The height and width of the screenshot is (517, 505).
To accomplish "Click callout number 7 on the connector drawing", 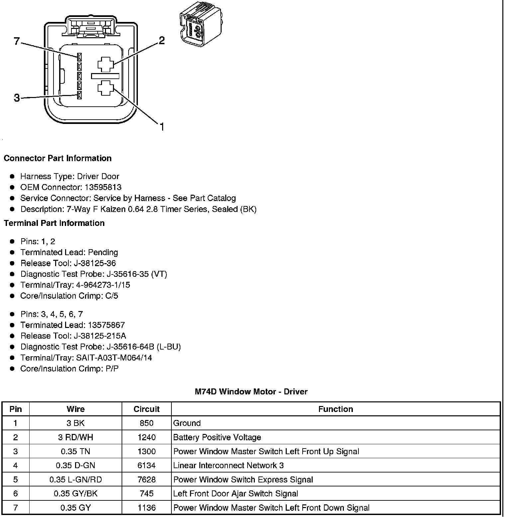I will (17, 42).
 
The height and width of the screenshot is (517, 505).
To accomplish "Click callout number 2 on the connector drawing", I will (161, 41).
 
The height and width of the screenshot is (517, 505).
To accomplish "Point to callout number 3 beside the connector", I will (17, 98).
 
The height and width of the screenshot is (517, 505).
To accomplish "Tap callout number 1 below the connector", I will (162, 127).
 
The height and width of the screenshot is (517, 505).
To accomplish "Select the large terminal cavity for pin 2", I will (106, 64).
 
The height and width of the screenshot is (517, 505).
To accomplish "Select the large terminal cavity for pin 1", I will (106, 88).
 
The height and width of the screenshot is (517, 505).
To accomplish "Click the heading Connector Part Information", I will (57, 158).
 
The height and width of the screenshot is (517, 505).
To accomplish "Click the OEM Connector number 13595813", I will (103, 187).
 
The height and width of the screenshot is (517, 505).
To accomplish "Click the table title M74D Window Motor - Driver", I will (251, 392).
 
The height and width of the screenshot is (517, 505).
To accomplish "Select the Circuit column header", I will (147, 409).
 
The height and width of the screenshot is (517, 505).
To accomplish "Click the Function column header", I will (336, 409).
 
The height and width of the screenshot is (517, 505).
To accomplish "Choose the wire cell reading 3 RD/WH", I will (75, 437).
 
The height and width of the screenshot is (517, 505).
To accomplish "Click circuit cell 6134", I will (147, 465).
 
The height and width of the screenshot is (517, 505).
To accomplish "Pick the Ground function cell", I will (187, 423).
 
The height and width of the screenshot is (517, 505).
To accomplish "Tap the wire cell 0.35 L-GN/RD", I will (75, 479).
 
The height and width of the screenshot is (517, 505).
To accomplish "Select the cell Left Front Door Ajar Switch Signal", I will (236, 494).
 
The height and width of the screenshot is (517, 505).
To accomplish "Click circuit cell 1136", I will (147, 508).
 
